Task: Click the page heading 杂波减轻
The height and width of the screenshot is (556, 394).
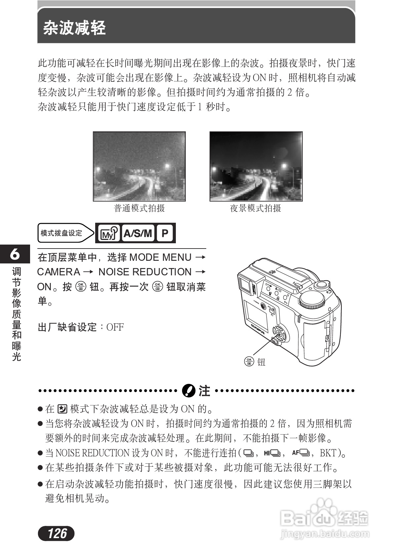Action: point(74,28)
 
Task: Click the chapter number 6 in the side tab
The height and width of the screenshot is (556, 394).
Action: point(15,254)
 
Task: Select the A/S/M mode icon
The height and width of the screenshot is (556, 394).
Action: point(138,234)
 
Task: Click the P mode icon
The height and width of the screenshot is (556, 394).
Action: point(165,234)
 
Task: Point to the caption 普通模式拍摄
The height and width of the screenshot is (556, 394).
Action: point(139,208)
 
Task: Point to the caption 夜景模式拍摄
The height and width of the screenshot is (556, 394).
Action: point(256,208)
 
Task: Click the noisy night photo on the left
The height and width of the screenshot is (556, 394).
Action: point(139,166)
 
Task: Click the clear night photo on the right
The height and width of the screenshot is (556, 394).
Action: point(256,166)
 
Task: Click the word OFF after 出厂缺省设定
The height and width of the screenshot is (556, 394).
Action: point(115,327)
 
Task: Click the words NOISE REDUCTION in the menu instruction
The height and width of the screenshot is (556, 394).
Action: point(145,272)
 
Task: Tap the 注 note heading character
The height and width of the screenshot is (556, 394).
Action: point(204,391)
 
